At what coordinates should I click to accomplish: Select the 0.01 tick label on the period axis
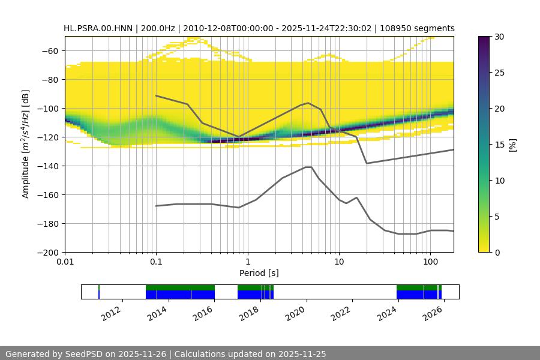[x=65, y=262]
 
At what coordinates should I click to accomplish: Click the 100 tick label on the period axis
[x=430, y=262]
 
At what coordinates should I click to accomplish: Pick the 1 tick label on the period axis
[x=248, y=262]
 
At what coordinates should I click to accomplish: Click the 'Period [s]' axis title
[x=259, y=273]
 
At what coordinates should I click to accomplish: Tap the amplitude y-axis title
[x=26, y=145]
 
